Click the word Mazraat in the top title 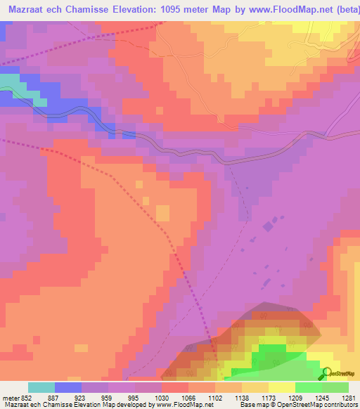(x=26, y=10)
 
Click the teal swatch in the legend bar (x=41, y=387)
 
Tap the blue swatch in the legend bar (x=68, y=387)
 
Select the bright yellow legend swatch (x=282, y=387)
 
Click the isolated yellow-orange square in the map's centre (x=162, y=212)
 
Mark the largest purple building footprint (x=269, y=226)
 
